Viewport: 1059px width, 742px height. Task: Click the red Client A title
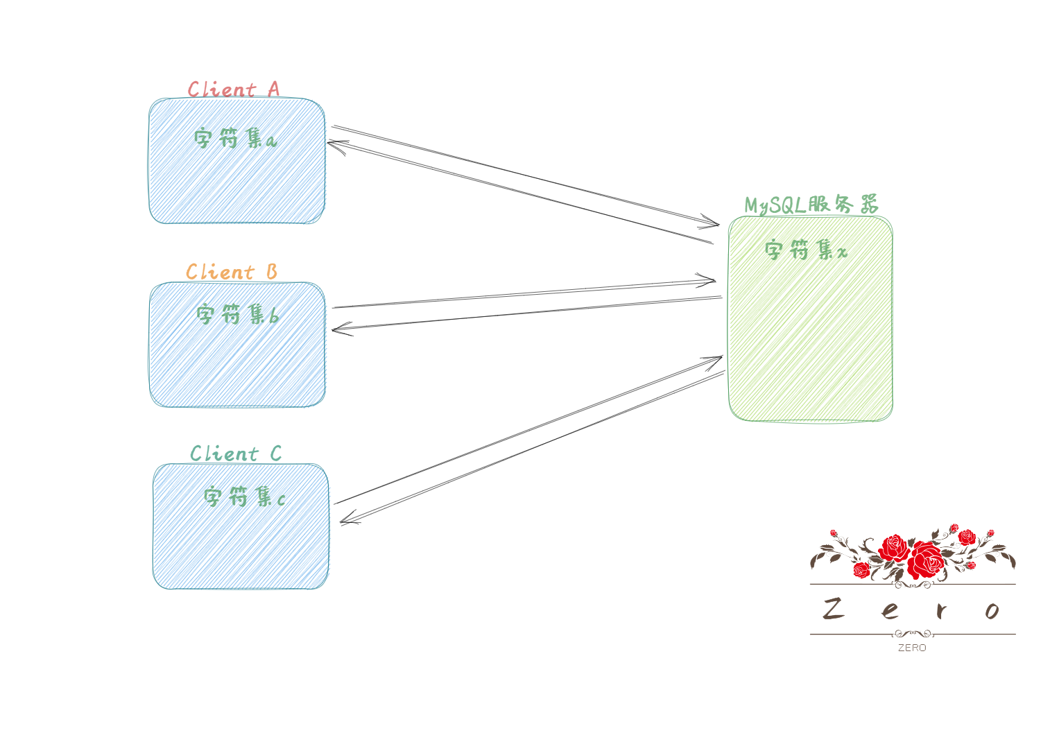coord(234,89)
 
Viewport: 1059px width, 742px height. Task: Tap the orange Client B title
coord(232,272)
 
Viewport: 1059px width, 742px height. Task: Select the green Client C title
coord(236,454)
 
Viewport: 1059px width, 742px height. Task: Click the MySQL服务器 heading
coord(811,204)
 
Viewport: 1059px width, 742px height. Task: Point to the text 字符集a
coord(235,138)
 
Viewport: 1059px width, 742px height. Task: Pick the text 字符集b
coord(237,314)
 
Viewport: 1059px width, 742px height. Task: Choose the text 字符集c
coord(244,497)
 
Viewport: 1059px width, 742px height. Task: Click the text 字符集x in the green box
coord(806,250)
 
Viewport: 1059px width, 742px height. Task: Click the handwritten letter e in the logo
coord(890,611)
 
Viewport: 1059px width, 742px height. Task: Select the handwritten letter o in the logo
coord(992,611)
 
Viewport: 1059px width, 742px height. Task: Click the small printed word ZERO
coord(912,648)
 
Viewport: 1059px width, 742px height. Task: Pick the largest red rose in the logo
coord(927,560)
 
